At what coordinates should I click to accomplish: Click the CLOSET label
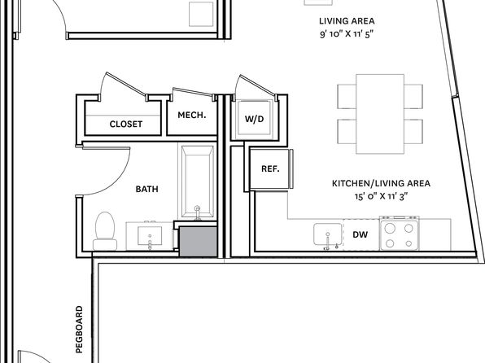[126, 124]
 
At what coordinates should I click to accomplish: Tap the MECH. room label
[192, 115]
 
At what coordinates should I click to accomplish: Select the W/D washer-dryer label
[254, 119]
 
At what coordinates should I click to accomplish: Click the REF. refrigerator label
[270, 169]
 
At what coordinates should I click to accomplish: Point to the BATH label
[147, 189]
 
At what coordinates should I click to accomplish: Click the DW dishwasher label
[360, 234]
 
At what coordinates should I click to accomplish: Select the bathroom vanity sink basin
[150, 236]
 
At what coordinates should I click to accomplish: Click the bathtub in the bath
[198, 181]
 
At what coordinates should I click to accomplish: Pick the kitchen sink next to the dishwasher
[328, 234]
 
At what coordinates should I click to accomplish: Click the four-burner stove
[400, 234]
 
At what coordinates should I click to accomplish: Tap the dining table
[380, 114]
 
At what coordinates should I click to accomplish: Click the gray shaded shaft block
[199, 242]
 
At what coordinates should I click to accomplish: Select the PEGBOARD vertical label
[80, 330]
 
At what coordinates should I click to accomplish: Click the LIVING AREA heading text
[347, 21]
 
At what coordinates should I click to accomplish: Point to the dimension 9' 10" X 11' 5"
[347, 33]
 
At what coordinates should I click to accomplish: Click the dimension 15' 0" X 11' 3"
[382, 196]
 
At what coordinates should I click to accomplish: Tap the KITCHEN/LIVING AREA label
[381, 183]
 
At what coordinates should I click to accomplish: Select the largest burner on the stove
[391, 229]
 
